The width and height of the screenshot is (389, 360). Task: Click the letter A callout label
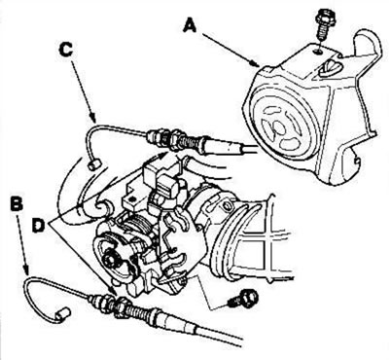[190, 25]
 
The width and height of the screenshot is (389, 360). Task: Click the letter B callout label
[17, 205]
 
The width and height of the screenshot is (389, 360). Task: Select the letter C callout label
[66, 50]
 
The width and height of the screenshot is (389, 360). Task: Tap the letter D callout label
[38, 225]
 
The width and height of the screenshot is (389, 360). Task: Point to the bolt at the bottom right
[243, 298]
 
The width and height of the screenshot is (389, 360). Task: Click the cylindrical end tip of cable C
[94, 163]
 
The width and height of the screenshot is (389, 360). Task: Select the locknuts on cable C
[172, 141]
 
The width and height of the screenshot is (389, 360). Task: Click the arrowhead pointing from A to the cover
[255, 62]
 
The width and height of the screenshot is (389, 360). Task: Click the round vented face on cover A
[281, 126]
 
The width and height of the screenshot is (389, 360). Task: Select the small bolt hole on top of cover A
[319, 51]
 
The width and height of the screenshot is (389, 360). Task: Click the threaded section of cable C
[192, 144]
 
